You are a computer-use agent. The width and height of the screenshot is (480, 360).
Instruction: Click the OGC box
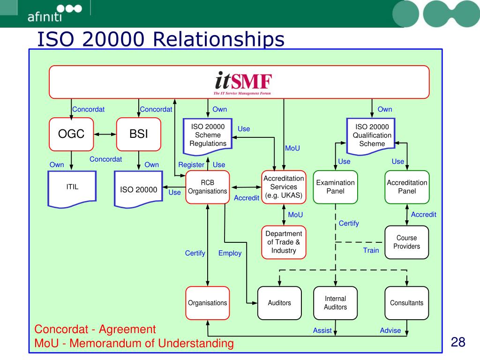71,134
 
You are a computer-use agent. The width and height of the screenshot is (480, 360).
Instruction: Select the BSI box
139,134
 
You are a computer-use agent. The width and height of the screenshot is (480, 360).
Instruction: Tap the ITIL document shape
72,187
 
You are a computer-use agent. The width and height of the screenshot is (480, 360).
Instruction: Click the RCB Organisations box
207,187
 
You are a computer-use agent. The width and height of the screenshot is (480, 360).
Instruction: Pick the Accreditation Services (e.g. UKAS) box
284,187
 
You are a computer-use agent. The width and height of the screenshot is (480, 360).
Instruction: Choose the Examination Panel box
335,187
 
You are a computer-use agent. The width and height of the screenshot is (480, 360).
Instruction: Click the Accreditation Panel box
407,187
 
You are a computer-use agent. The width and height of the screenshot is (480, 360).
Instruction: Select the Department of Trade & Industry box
284,242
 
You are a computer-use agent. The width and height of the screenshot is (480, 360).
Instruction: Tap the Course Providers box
407,242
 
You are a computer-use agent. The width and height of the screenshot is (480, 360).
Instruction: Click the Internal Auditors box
335,303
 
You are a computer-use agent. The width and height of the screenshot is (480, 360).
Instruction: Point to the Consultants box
407,303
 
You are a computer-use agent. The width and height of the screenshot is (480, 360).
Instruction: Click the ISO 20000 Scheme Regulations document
208,136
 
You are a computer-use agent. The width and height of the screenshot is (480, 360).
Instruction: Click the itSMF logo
243,82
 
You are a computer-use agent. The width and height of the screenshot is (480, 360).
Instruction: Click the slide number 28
457,342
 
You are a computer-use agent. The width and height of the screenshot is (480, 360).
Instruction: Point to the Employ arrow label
230,253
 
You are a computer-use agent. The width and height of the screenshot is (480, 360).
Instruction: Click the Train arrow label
371,250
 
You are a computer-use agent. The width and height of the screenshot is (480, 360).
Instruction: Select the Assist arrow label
322,330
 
